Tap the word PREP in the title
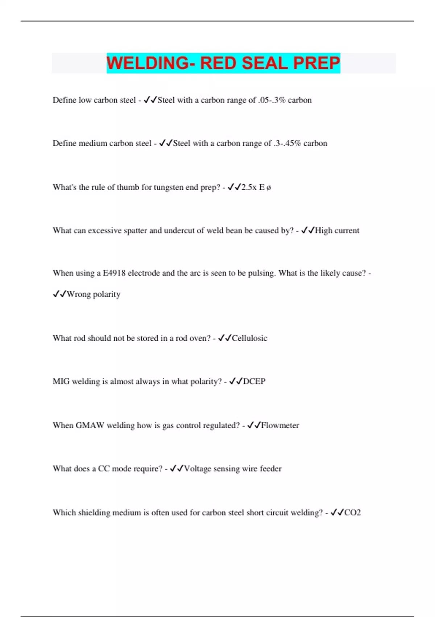tap(316, 63)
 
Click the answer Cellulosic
tap(249, 338)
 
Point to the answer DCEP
tap(254, 381)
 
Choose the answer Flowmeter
tap(280, 425)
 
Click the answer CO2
tap(352, 512)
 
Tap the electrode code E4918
tap(114, 273)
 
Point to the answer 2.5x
tap(249, 187)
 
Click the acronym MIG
tap(61, 381)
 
